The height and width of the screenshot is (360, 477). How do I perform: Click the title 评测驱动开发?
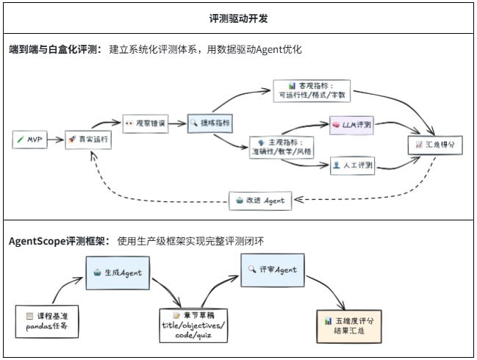238,18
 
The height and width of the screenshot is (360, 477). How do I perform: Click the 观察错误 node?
144,125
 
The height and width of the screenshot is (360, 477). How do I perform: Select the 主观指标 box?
281,145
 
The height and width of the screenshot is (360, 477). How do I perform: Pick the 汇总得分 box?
436,145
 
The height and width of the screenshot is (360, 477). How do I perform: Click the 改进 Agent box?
261,200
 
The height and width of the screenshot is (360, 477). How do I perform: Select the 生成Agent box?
118,273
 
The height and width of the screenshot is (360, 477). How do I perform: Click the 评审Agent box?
273,270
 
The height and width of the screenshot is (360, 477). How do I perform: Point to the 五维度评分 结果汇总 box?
348,326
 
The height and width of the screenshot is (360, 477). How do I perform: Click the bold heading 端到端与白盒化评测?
56,50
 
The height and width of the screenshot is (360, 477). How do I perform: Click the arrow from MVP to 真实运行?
57,138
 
